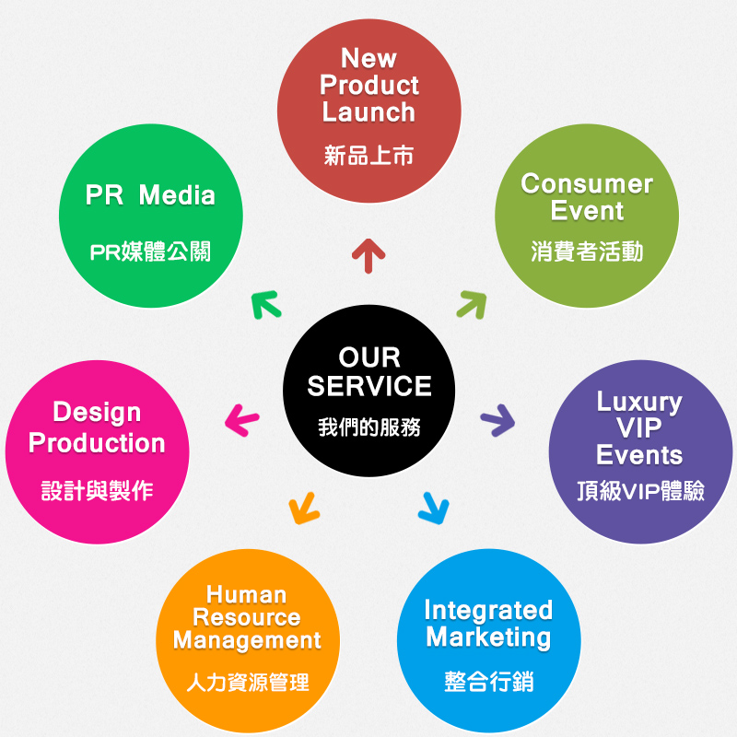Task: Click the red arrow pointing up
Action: pos(368,255)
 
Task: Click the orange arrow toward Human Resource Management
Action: pos(303,507)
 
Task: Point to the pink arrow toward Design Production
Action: pos(241,422)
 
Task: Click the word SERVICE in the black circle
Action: pos(368,386)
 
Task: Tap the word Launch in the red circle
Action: pos(368,112)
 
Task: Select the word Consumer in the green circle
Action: pos(587,183)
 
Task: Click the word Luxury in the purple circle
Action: pos(639,402)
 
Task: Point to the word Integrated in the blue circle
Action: pos(488,610)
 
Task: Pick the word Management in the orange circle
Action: pos(247,639)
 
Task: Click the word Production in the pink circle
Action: pos(97,442)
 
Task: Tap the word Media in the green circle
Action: pos(177,195)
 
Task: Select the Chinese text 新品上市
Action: pos(368,155)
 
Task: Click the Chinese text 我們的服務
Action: pos(368,427)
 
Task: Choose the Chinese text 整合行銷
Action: pos(488,682)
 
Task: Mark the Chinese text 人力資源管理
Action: pos(247,683)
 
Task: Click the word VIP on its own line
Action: pos(639,428)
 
